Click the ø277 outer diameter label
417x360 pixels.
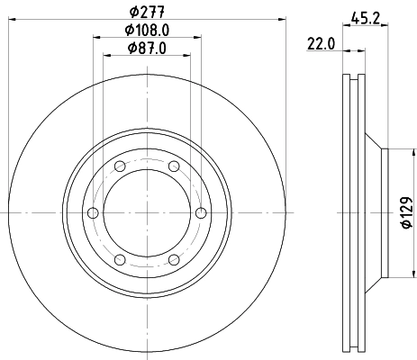point(145,12)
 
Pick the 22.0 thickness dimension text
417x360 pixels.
point(321,41)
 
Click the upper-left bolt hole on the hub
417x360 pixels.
point(119,166)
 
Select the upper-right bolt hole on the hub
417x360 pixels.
point(172,166)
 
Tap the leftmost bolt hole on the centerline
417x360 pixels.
point(93,212)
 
